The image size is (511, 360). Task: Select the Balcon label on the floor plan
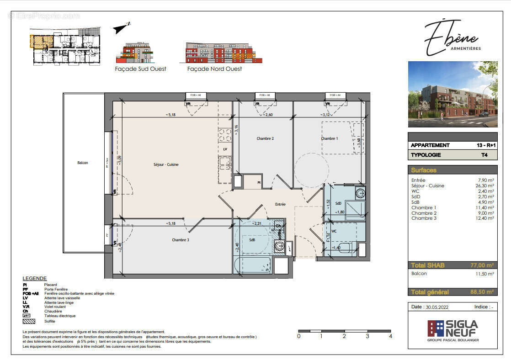point(83,163)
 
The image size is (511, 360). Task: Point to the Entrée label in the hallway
point(280,204)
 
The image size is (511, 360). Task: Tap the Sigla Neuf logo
point(452,328)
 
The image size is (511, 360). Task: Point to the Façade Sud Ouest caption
point(140,69)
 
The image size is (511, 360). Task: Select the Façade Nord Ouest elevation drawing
point(224,53)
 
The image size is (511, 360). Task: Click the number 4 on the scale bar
point(390,336)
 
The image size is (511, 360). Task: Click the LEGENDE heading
point(35,278)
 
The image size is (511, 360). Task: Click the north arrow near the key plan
point(122,28)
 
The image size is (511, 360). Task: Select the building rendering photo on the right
point(452,94)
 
